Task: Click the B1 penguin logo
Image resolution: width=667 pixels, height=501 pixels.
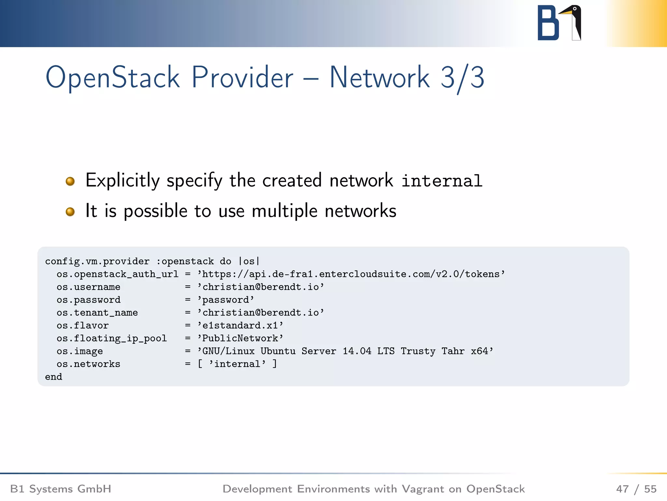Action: pyautogui.click(x=559, y=23)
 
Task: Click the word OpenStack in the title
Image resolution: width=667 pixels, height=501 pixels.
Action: pyautogui.click(x=112, y=78)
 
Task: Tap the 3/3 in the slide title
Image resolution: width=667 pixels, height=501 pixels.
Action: pyautogui.click(x=462, y=78)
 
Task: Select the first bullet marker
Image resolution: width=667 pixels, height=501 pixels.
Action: pyautogui.click(x=70, y=181)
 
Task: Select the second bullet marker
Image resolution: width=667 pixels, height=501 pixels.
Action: pyautogui.click(x=70, y=212)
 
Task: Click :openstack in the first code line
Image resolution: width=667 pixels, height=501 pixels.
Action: pyautogui.click(x=185, y=261)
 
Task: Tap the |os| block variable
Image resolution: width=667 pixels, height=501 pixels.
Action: pyautogui.click(x=249, y=261)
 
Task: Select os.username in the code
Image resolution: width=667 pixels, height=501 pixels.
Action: pyautogui.click(x=88, y=287)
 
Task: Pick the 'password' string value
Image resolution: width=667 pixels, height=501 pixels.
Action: pyautogui.click(x=226, y=300)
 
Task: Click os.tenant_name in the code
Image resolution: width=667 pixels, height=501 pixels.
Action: pyautogui.click(x=97, y=313)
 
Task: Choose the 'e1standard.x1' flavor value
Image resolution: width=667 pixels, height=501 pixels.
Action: pyautogui.click(x=240, y=326)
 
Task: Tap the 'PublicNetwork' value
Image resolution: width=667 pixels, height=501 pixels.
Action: pyautogui.click(x=240, y=338)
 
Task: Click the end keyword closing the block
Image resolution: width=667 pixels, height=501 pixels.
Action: pyautogui.click(x=53, y=377)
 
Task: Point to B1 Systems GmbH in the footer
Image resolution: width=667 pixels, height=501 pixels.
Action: pyautogui.click(x=61, y=489)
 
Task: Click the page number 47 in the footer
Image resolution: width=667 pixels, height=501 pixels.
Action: pyautogui.click(x=622, y=489)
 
